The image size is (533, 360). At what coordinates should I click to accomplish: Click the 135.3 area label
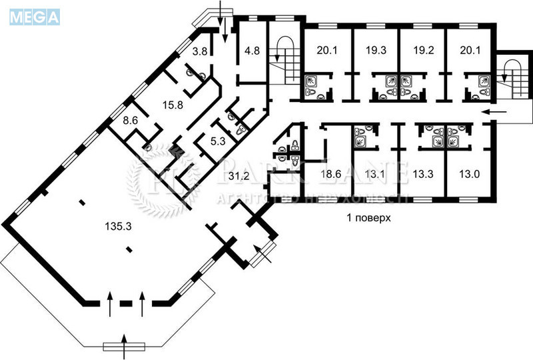point(118,227)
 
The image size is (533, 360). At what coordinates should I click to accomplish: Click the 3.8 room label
point(199,51)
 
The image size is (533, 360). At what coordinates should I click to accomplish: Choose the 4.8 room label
point(251,51)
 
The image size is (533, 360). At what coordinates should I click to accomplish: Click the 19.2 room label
point(422,49)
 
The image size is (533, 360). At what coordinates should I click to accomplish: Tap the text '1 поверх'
point(368,218)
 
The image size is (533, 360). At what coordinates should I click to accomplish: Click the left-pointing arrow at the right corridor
point(494,111)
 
